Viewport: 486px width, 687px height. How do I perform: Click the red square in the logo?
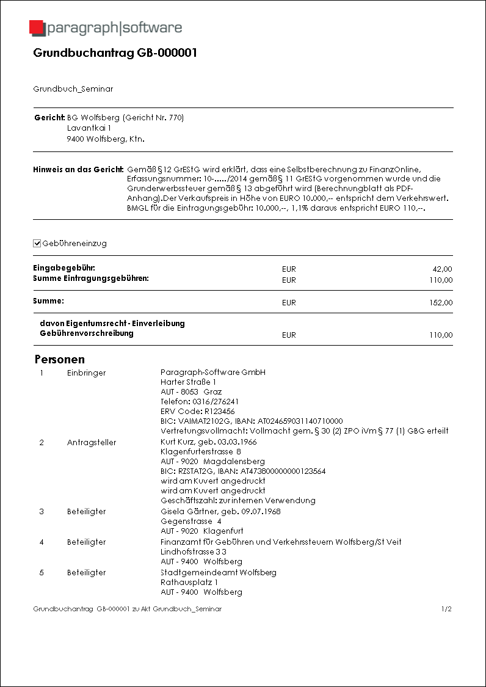click(x=37, y=28)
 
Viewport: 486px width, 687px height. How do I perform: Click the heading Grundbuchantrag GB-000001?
click(x=115, y=53)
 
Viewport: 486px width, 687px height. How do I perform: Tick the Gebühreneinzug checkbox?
click(x=37, y=244)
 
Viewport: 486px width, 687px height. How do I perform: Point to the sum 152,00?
click(x=440, y=303)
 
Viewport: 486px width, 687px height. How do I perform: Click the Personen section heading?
click(x=59, y=359)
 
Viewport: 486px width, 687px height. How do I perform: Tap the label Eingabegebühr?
click(x=64, y=268)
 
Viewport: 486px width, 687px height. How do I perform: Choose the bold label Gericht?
click(x=49, y=117)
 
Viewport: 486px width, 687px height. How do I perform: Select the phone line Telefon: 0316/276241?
click(x=199, y=402)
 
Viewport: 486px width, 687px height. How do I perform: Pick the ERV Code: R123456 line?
click(x=197, y=412)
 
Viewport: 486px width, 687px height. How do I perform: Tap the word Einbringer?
click(x=86, y=373)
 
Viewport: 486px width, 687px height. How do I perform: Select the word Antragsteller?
click(x=92, y=442)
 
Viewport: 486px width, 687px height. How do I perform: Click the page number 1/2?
click(x=446, y=609)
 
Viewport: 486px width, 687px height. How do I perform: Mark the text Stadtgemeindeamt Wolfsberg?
click(x=218, y=572)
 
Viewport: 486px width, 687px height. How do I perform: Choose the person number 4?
click(x=42, y=542)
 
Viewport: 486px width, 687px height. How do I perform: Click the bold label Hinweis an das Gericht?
click(x=78, y=169)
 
